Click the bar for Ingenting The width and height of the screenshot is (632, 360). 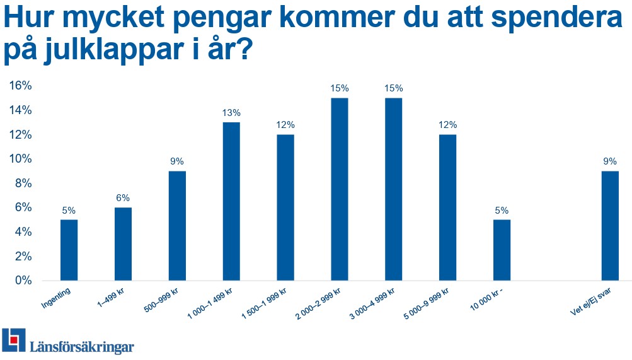(x=69, y=250)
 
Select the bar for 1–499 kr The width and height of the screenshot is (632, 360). (x=123, y=244)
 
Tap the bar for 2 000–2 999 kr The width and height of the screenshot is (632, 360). (x=339, y=189)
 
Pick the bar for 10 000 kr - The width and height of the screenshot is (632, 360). (x=502, y=250)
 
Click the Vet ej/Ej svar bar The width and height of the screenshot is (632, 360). (x=610, y=226)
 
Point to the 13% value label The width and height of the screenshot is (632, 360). (x=231, y=113)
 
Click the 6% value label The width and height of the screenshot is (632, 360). (x=123, y=198)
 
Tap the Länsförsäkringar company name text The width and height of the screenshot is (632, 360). (x=82, y=346)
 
